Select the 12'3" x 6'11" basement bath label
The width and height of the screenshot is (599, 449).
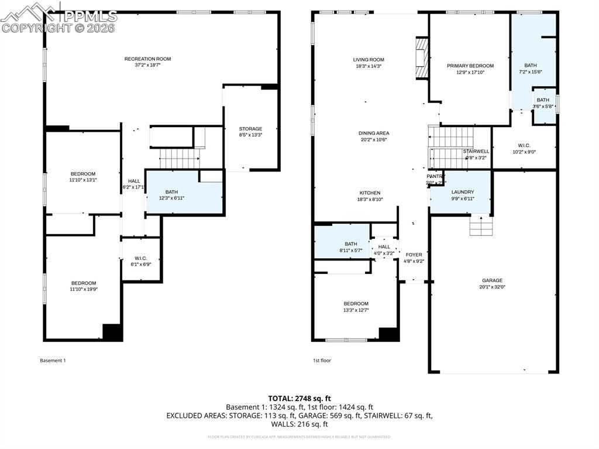[171, 195]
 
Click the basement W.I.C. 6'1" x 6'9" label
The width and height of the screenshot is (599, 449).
[140, 261]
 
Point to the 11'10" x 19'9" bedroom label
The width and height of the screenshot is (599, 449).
[83, 286]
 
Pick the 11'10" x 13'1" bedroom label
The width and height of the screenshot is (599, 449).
[83, 177]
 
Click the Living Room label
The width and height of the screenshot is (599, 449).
[369, 63]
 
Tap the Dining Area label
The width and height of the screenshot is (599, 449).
[374, 136]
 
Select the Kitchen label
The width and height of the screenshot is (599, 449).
[370, 196]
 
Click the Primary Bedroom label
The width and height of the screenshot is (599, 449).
[470, 69]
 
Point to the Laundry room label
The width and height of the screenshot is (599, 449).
[462, 195]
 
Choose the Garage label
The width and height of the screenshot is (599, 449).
[492, 283]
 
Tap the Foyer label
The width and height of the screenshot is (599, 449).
[414, 258]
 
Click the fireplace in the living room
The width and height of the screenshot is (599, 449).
[421, 59]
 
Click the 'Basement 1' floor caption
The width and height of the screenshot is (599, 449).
[53, 361]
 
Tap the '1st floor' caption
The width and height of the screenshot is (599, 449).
[322, 361]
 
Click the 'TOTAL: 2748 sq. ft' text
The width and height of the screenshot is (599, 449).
[299, 398]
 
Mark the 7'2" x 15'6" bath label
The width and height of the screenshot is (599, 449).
[530, 68]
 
